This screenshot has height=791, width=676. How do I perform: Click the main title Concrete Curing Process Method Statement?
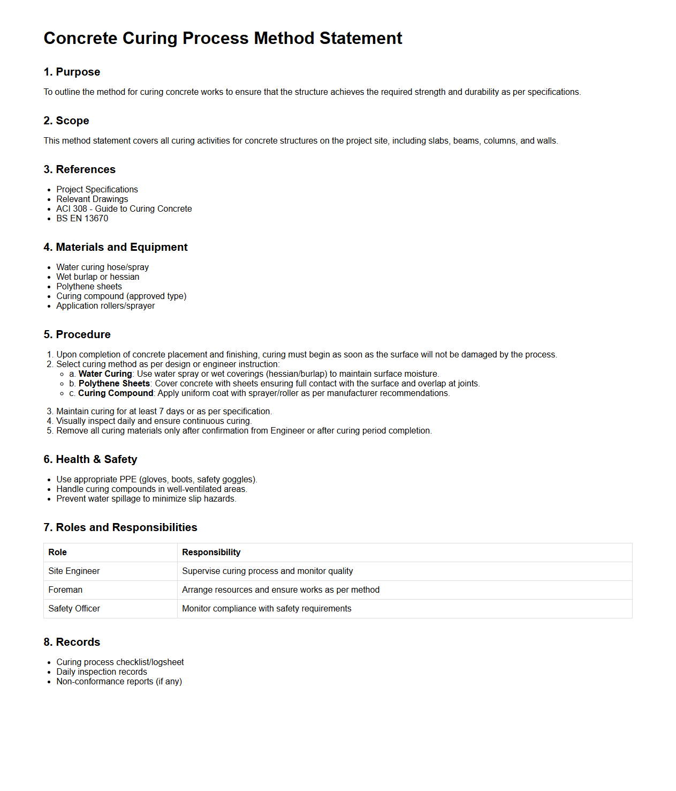pos(223,39)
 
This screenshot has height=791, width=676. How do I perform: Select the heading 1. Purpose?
pos(72,72)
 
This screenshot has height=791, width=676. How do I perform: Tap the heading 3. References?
pos(79,169)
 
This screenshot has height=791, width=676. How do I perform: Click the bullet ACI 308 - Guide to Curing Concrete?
pos(124,209)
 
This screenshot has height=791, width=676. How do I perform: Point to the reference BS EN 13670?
pos(82,219)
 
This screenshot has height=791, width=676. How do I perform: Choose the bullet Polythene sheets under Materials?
pos(89,287)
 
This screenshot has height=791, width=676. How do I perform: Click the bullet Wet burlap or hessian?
pos(97,277)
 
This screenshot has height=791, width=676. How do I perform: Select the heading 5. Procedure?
pos(77,334)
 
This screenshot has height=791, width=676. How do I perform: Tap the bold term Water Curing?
pos(105,374)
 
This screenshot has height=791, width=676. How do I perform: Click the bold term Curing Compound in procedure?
pos(116,393)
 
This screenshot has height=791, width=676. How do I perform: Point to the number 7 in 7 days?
pos(162,412)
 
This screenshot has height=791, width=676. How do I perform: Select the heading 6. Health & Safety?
pos(90,459)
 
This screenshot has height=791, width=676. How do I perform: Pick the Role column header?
pos(57,553)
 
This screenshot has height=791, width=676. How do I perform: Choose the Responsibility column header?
pos(211,553)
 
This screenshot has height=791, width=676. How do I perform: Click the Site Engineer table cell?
pos(74,571)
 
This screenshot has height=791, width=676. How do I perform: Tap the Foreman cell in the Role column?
pos(65,590)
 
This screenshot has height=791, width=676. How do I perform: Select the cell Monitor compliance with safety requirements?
pos(267,609)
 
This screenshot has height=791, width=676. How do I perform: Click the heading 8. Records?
pos(72,642)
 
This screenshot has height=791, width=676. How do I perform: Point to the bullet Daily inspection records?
pos(101,672)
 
